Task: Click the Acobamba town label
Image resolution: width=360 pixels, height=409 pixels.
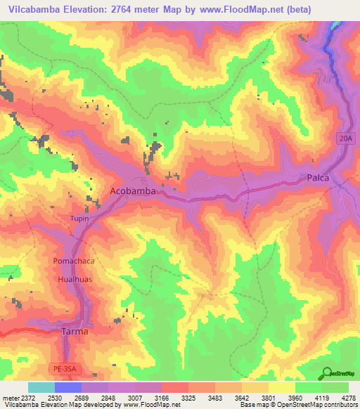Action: pos(132,191)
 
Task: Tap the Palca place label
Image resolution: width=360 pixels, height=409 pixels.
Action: pos(319,178)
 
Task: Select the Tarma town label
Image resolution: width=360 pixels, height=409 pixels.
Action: pos(75,330)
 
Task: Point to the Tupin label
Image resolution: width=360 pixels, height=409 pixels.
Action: pos(79,219)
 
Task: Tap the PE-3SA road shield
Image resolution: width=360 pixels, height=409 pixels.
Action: pos(82,368)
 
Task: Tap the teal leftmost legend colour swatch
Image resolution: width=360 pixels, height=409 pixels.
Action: pos(41,387)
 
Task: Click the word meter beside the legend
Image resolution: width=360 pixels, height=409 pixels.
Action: pos(11,397)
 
